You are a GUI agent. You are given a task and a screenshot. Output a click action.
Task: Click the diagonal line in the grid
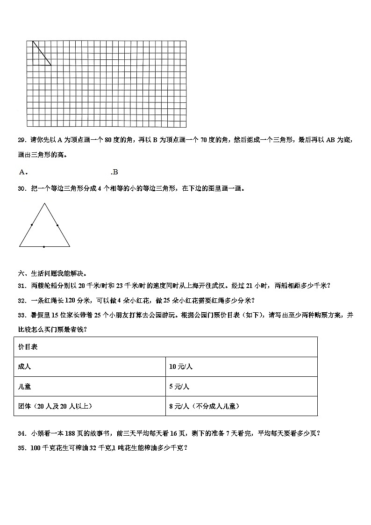coord(42,53)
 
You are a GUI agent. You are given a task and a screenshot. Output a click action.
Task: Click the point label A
coord(22,172)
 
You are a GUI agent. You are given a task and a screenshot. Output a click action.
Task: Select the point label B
coord(115,172)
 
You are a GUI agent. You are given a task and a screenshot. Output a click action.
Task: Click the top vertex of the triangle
coord(45,203)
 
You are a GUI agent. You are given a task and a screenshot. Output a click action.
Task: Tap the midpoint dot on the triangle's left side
coord(32,225)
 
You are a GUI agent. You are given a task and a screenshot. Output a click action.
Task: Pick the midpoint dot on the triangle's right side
coord(57,225)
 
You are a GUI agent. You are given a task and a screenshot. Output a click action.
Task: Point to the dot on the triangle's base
coord(44,246)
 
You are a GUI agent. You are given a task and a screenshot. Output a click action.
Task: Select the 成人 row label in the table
coord(24,367)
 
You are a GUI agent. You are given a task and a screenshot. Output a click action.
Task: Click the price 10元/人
coord(181,367)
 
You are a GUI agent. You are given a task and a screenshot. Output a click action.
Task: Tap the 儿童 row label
coord(24,387)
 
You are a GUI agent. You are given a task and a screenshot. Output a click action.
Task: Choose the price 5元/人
coord(179,387)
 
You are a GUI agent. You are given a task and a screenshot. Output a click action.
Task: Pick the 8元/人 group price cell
coord(204,406)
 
